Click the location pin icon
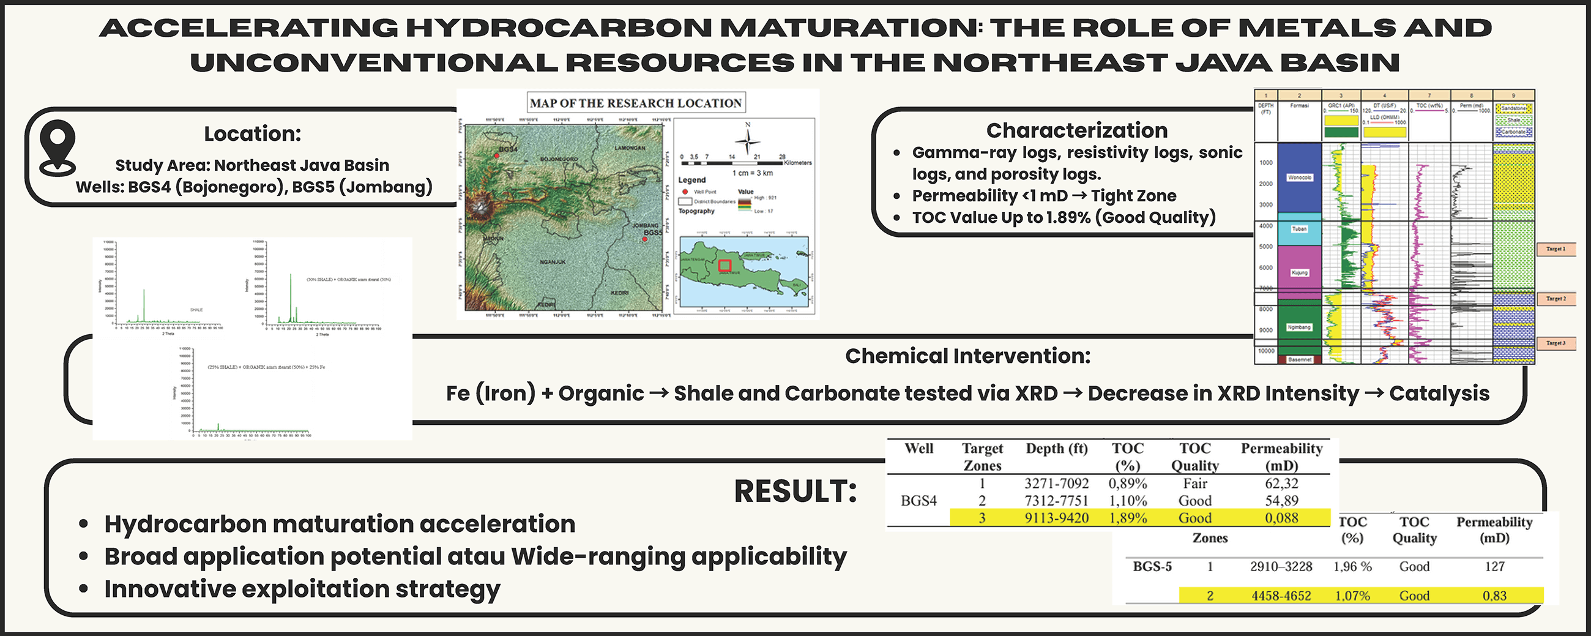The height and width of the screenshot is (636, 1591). click(57, 146)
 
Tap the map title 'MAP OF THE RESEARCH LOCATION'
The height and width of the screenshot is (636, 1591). click(636, 103)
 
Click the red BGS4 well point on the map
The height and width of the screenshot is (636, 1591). click(496, 155)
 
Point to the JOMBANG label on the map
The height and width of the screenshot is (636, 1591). click(646, 226)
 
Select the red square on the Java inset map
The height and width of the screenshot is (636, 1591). click(725, 266)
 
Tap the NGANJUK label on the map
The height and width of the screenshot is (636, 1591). click(553, 262)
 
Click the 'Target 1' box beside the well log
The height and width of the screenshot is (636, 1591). click(1555, 249)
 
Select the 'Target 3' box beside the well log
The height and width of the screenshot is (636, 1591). click(1555, 343)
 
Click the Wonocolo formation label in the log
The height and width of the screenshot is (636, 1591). click(1300, 178)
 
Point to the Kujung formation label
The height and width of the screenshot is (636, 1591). click(1300, 272)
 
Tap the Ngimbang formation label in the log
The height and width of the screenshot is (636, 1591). click(1300, 327)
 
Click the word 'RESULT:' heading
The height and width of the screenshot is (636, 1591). click(795, 492)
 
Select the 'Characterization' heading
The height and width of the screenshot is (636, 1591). click(1076, 130)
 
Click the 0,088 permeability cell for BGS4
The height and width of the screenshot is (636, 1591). click(1281, 518)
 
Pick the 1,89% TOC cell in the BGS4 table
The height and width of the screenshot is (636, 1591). click(1128, 518)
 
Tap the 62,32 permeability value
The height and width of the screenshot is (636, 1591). click(1281, 484)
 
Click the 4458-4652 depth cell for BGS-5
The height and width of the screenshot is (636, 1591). click(1281, 596)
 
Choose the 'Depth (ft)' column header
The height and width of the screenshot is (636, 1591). click(1056, 449)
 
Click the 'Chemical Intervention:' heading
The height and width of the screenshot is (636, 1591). click(967, 356)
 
